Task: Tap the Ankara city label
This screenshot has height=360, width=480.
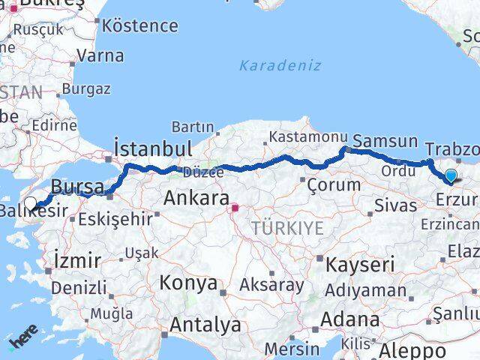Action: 196,199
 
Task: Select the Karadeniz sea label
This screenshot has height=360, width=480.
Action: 280,65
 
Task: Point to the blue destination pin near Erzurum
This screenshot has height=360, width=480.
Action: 450,177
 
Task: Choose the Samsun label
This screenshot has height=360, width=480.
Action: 385,140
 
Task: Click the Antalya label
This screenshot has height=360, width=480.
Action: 205,325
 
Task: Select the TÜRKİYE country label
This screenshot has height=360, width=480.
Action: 287,228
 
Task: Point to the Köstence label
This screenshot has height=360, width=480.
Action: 140,25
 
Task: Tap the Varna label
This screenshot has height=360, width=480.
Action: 100,55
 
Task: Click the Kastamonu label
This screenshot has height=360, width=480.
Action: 307,137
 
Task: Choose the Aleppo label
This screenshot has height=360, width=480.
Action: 412,349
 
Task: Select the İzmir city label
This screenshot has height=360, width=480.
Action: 77,261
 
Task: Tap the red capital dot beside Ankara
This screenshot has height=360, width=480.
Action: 235,207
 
